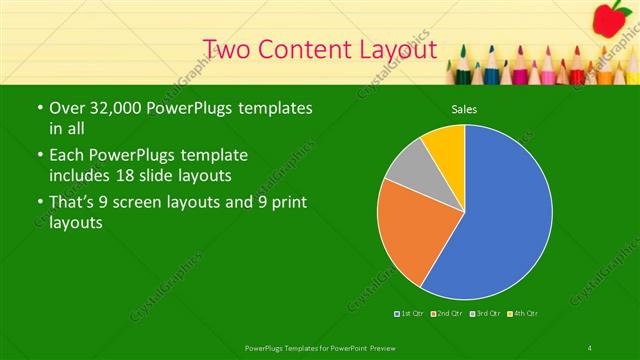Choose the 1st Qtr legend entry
coord(410,314)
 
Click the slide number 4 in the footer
coord(590,347)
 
